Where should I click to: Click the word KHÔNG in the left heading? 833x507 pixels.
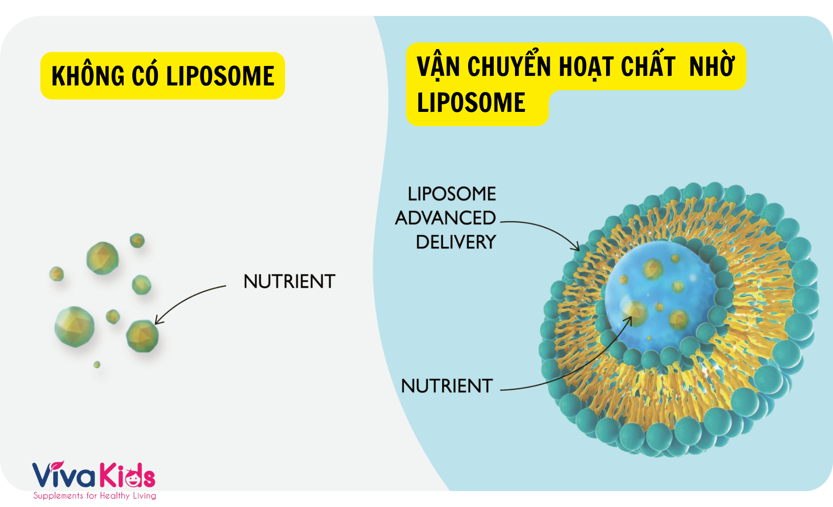point(88,76)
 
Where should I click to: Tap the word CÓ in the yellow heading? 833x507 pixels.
point(144,76)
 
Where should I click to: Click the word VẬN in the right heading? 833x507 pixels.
point(438,67)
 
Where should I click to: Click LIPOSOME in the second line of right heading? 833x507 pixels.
point(471,103)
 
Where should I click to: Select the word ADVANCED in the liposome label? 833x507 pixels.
point(445,218)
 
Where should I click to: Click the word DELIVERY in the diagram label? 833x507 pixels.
point(456,242)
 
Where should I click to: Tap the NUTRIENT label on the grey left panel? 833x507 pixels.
point(289,282)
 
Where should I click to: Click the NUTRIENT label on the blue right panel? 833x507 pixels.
point(447,386)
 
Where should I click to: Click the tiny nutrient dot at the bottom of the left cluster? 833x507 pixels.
point(97,364)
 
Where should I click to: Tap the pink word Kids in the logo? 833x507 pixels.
point(128,476)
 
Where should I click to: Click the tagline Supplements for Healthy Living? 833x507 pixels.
point(95,496)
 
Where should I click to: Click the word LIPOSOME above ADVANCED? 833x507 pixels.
point(452,194)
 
